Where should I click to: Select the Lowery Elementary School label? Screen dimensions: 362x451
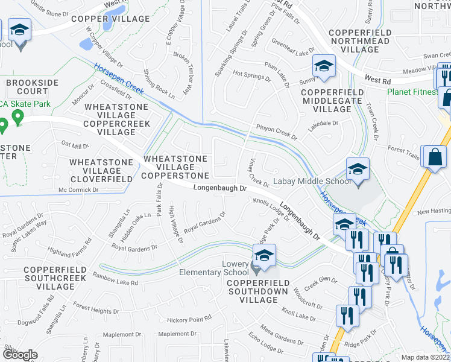(210, 268)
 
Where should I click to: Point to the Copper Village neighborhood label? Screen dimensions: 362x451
(110, 19)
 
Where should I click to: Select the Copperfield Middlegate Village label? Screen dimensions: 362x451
(332, 100)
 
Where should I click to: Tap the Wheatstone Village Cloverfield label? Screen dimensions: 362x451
(101, 171)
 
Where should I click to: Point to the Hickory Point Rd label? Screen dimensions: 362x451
(189, 319)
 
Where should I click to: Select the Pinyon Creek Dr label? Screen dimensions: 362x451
(277, 132)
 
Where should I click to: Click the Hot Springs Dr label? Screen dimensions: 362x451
(251, 75)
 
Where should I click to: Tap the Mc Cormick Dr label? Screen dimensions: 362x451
(78, 189)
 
